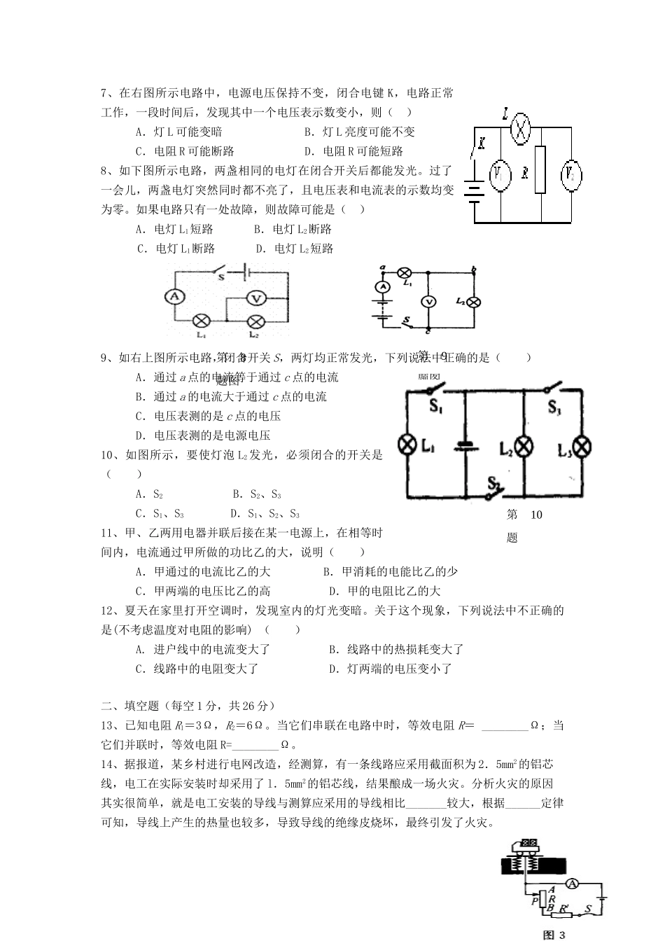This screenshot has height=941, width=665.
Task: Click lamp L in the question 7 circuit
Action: click(x=519, y=130)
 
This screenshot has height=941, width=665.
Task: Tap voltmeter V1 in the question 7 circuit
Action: click(x=500, y=176)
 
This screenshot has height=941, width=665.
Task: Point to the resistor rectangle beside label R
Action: click(x=540, y=169)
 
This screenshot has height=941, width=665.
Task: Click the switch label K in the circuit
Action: click(x=481, y=144)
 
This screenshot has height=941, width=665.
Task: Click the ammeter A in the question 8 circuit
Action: click(x=175, y=297)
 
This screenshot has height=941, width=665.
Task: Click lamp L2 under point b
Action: click(x=474, y=302)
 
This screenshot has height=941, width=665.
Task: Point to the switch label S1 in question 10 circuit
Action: click(x=435, y=407)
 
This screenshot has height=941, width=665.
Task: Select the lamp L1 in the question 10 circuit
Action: click(x=407, y=446)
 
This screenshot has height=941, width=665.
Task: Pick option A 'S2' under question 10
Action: click(x=150, y=494)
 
